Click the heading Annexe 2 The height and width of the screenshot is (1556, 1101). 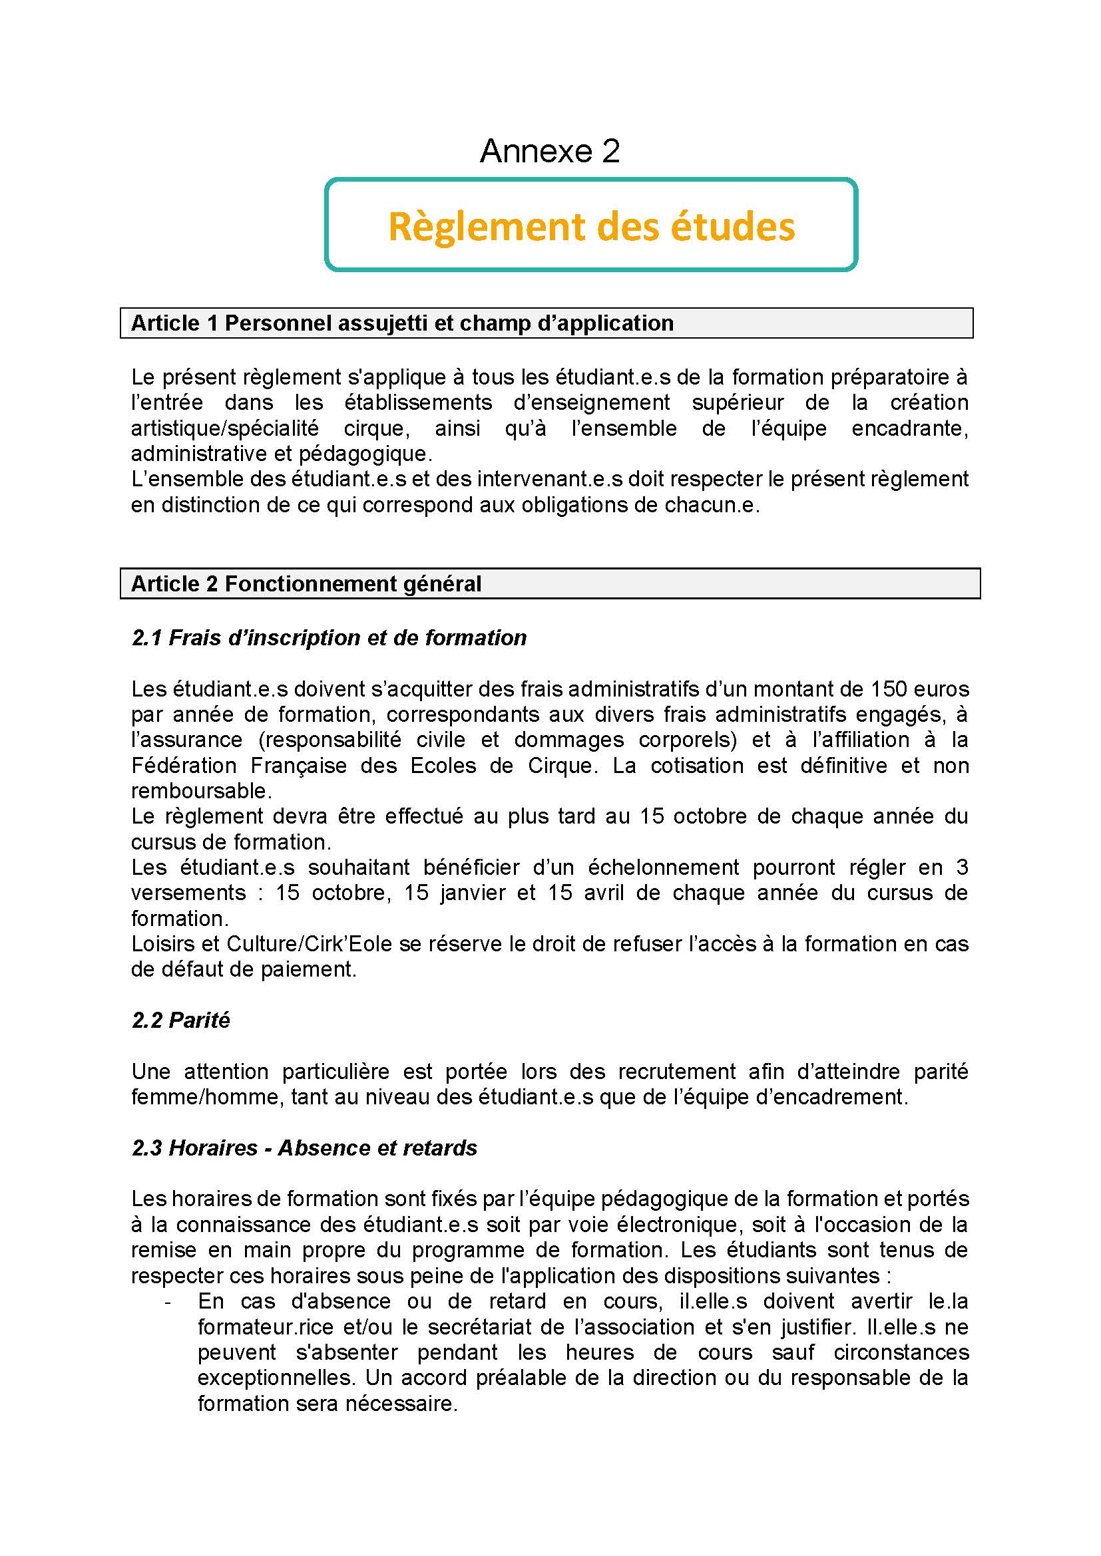coord(550,151)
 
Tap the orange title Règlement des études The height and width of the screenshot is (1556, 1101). coord(591,226)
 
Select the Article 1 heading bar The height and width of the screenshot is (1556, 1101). coord(546,323)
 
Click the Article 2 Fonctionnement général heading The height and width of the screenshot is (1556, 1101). coord(306,583)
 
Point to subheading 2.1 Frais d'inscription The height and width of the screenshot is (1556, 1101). coord(329,638)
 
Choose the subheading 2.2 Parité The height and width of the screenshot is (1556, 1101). coord(181,1020)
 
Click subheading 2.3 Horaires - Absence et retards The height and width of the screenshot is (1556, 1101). coord(304,1148)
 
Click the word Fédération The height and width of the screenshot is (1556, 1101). coord(184,766)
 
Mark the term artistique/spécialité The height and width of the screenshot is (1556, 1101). coord(225,429)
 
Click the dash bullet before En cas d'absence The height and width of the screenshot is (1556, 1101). coord(168,1302)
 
